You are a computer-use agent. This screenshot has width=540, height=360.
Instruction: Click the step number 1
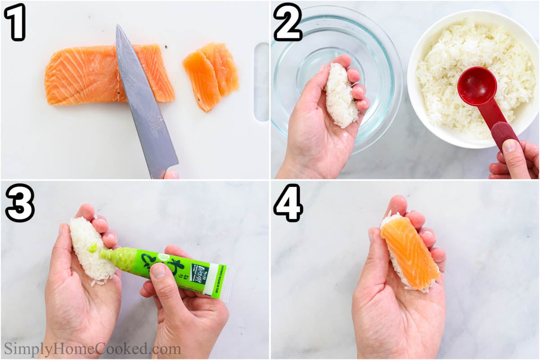16,22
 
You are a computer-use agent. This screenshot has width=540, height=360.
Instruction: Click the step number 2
287,22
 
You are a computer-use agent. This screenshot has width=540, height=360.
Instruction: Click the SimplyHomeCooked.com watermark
92,349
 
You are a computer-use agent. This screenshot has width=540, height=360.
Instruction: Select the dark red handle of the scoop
504,135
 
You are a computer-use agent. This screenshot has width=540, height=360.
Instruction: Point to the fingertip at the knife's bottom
171,174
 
